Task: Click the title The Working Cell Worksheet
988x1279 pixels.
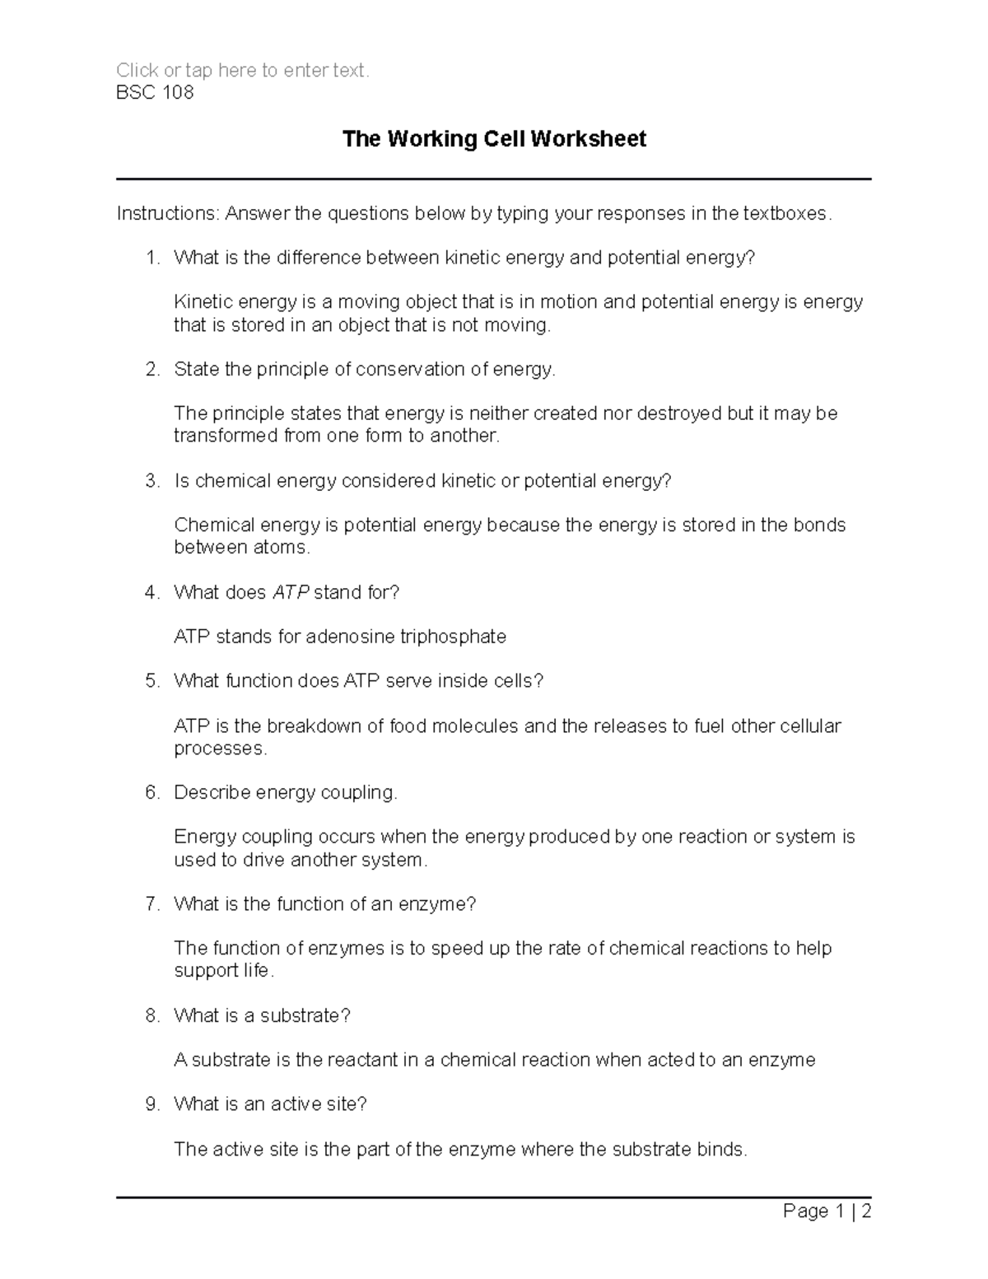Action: point(494,139)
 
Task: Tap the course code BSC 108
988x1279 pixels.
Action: point(155,92)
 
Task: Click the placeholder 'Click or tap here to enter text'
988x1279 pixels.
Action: point(243,71)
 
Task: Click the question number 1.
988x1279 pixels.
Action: point(151,259)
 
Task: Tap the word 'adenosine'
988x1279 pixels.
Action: point(351,637)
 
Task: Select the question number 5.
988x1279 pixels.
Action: point(151,681)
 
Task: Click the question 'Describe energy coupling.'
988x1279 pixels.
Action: point(286,793)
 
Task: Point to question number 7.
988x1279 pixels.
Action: point(151,904)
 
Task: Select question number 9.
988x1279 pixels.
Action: point(151,1105)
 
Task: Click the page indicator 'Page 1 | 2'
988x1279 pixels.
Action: point(827,1211)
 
